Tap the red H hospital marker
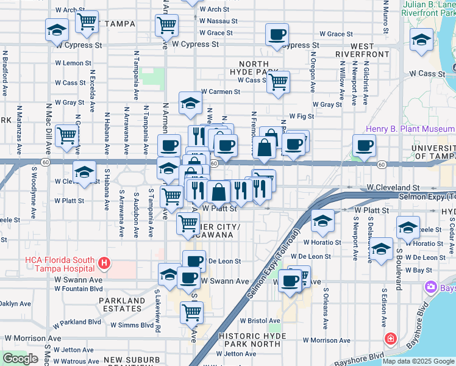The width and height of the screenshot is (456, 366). click(104, 264)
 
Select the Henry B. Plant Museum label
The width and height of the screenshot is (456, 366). click(410, 129)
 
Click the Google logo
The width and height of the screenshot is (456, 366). click(20, 359)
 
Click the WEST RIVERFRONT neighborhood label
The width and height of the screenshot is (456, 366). click(370, 50)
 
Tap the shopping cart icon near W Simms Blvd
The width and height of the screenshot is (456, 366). click(192, 312)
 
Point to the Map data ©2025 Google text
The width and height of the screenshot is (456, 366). click(418, 361)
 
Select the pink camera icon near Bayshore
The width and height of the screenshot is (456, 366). click(432, 286)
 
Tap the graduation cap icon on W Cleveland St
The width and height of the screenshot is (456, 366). click(85, 172)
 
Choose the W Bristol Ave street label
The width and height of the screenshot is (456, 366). click(258, 320)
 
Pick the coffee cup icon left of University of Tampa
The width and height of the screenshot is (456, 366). click(364, 146)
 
